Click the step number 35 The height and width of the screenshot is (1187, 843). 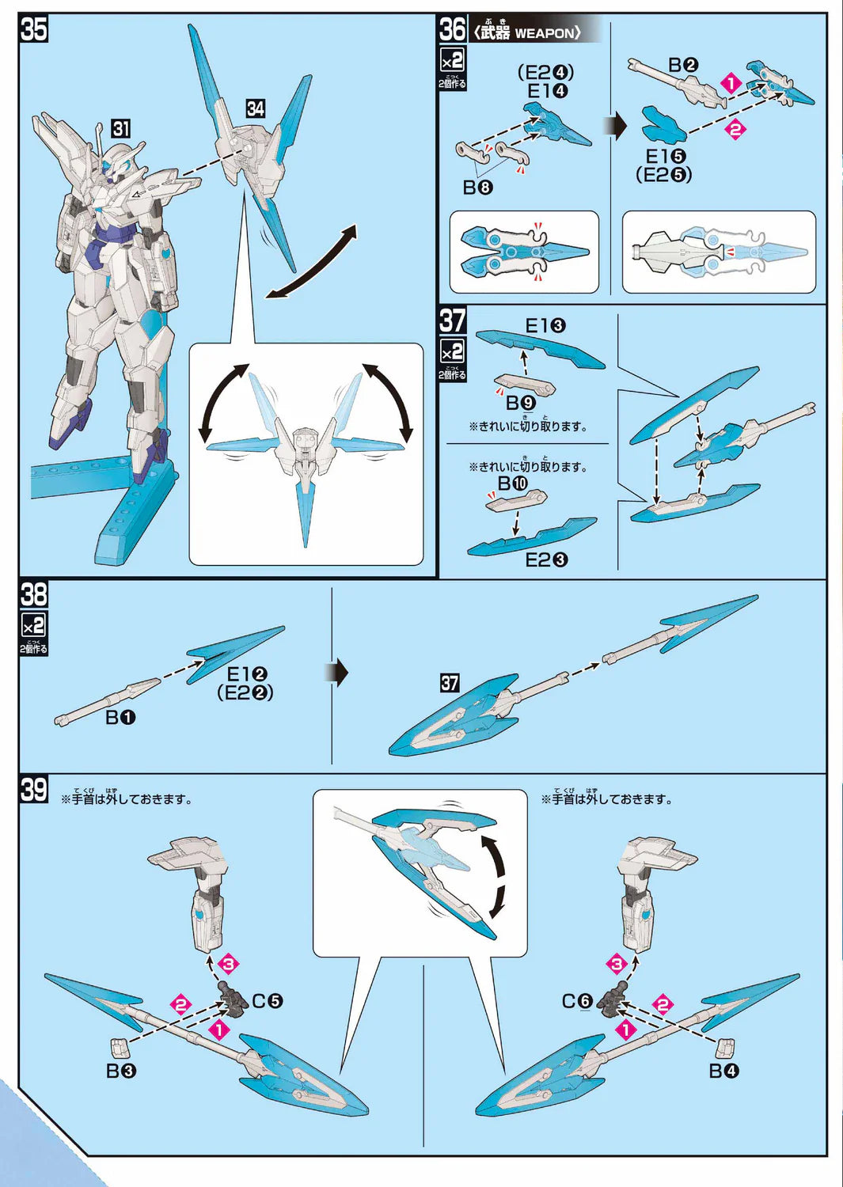pyautogui.click(x=34, y=29)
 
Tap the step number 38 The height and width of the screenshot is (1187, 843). pyautogui.click(x=34, y=593)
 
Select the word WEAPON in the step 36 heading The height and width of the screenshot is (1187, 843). pyautogui.click(x=543, y=32)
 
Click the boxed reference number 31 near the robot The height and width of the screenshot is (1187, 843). pyautogui.click(x=120, y=129)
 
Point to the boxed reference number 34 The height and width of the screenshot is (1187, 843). pyautogui.click(x=255, y=109)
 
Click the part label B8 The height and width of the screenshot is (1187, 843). pyautogui.click(x=477, y=188)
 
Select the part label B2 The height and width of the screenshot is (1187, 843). pyautogui.click(x=683, y=65)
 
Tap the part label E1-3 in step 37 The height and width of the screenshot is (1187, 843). pyautogui.click(x=545, y=325)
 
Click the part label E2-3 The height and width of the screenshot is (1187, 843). pyautogui.click(x=546, y=559)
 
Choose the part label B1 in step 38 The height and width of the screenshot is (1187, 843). pyautogui.click(x=121, y=717)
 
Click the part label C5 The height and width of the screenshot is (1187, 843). pyautogui.click(x=268, y=1001)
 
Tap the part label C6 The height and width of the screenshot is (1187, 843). pyautogui.click(x=577, y=1001)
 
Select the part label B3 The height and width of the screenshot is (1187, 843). pyautogui.click(x=121, y=1071)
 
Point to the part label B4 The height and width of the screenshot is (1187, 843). pyautogui.click(x=723, y=1071)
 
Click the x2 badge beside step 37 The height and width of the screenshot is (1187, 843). pyautogui.click(x=452, y=351)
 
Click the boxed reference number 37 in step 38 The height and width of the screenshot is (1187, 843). pyautogui.click(x=450, y=683)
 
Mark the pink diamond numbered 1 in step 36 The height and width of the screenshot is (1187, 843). pyautogui.click(x=731, y=82)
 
